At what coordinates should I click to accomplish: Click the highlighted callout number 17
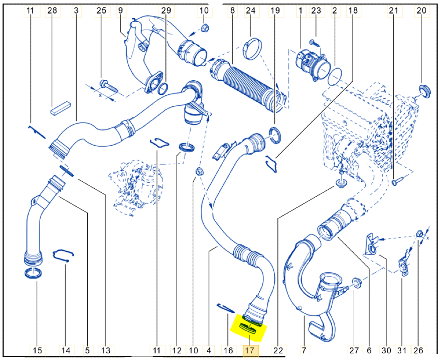point(250,350)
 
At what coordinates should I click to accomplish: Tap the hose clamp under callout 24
point(252,49)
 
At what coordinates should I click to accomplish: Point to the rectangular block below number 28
point(60,108)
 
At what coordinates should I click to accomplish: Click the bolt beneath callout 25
point(109,86)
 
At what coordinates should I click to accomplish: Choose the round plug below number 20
point(424,91)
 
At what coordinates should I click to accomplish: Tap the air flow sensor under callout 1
point(312,65)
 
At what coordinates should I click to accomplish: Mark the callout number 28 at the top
point(52,11)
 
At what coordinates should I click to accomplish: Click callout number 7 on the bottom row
point(304,350)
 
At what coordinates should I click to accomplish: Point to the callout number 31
point(402,350)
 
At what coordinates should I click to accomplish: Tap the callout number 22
point(278,350)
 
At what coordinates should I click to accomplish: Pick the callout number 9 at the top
point(120,11)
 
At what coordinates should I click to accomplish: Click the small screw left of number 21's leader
point(398,181)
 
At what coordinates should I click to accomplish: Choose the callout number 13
point(106,350)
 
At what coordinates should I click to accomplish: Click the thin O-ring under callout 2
point(335,75)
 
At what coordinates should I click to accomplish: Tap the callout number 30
point(386,350)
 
